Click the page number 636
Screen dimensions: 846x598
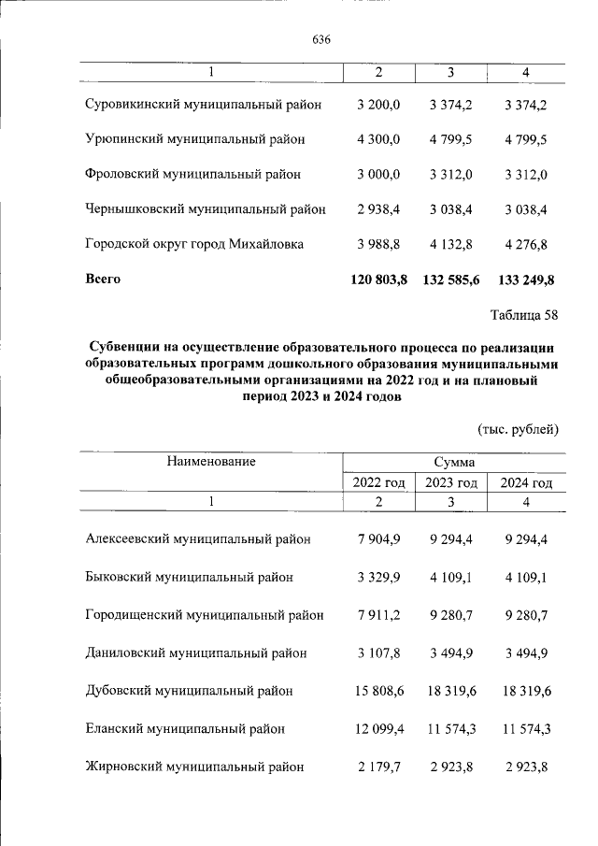point(321,40)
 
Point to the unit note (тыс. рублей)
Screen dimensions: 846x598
point(518,429)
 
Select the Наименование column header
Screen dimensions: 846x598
point(211,461)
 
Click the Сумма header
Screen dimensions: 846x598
point(453,462)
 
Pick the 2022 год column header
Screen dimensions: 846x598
point(378,482)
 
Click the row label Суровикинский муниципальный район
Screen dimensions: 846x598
point(203,105)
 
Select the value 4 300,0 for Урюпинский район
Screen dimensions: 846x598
point(378,139)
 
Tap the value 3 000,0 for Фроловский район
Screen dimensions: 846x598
point(378,175)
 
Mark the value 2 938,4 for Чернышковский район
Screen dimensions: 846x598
point(378,209)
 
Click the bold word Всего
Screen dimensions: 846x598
point(103,279)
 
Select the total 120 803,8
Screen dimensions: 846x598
point(377,280)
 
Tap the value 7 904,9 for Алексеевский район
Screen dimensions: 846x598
point(378,539)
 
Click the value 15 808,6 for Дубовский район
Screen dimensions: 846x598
point(376,691)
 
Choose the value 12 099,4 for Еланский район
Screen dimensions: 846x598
point(376,728)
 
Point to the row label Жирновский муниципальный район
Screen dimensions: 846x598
point(194,767)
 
